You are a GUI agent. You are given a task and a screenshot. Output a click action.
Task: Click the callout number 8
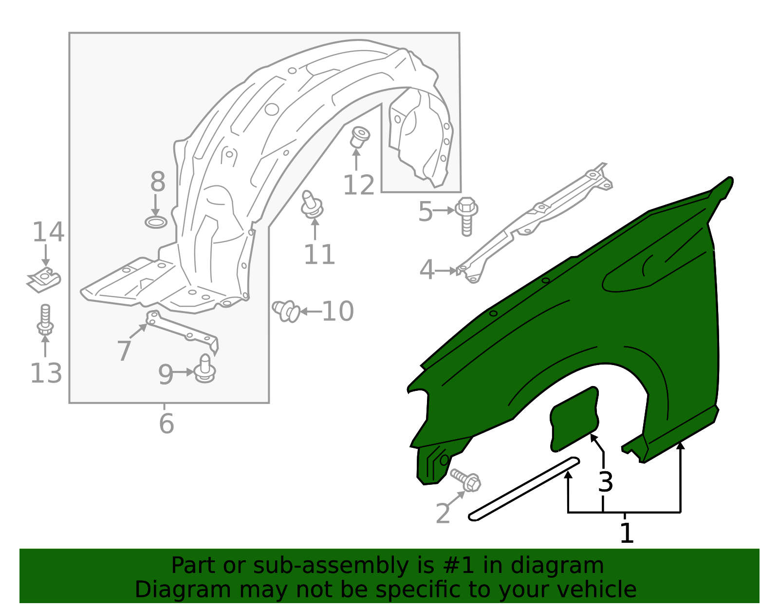tap(158, 182)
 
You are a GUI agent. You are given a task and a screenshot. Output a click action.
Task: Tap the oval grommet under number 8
tap(156, 222)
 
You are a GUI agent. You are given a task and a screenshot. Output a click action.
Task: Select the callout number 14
tap(48, 232)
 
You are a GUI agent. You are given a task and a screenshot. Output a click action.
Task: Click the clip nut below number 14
tap(44, 279)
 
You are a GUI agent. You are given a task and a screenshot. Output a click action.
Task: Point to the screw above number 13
tap(45, 320)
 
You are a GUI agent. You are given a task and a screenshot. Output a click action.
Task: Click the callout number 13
tap(46, 373)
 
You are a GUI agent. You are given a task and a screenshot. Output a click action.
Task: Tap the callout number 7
tap(124, 351)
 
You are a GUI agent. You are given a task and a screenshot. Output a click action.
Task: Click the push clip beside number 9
tap(204, 368)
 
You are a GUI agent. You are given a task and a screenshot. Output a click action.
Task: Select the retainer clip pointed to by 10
tap(286, 311)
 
